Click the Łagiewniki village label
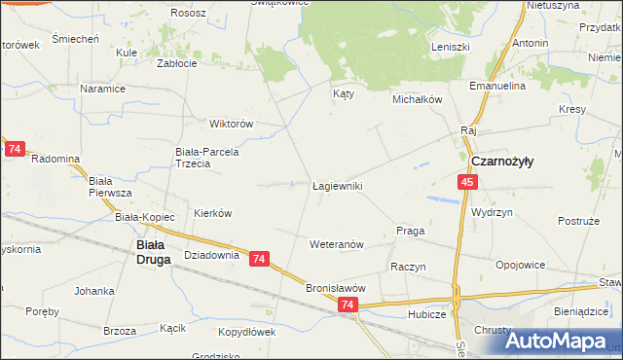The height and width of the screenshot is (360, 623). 338,185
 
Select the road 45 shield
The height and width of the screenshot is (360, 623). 468,183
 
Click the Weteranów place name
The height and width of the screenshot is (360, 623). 337,244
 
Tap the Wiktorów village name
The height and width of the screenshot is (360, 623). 232,124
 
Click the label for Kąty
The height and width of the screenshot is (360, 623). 343,94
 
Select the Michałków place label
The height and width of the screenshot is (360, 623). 418,99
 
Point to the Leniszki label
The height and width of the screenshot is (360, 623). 451,47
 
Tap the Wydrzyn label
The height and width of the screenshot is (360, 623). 492,211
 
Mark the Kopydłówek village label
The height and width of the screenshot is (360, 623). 243,332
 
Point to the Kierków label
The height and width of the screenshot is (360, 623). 212,212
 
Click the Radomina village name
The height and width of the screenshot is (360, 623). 55,158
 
